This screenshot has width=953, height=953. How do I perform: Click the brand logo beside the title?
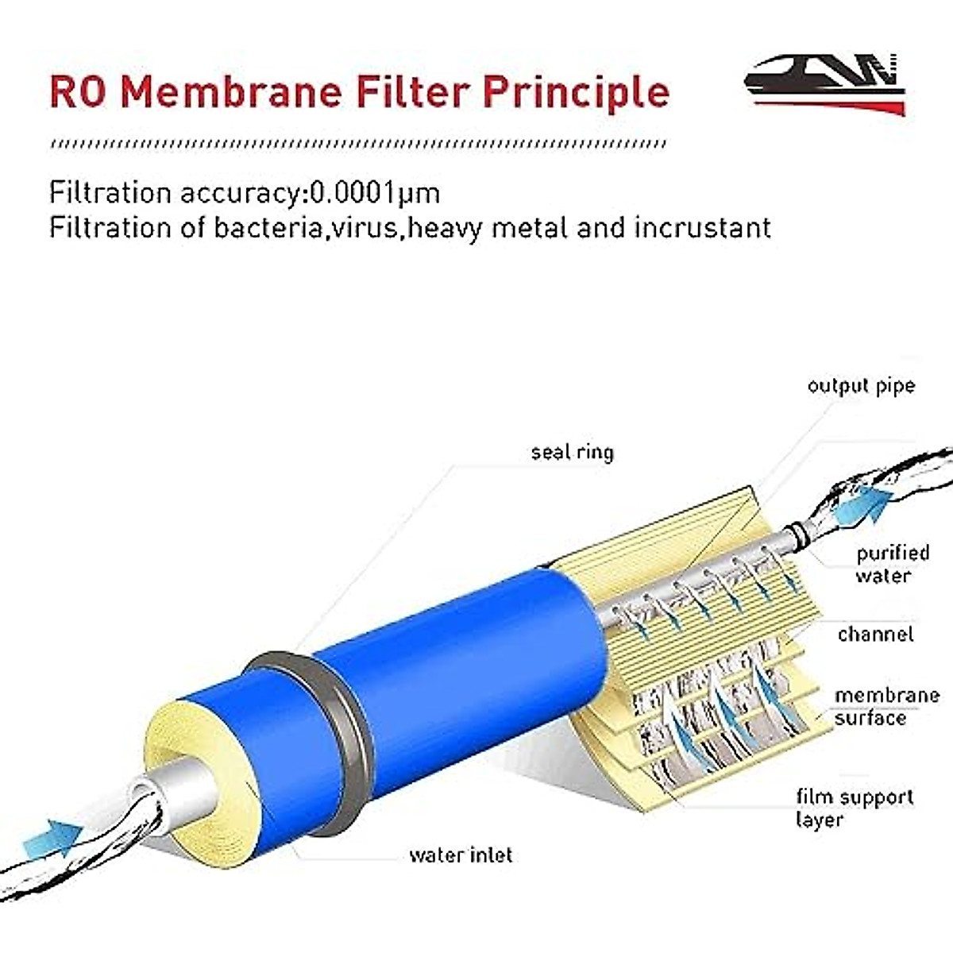826,83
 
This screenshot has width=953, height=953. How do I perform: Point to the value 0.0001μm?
374,193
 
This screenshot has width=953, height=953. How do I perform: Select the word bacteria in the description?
269,228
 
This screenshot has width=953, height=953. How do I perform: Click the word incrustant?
702,228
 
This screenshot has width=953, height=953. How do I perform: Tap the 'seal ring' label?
572,452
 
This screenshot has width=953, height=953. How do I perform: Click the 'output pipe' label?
861,386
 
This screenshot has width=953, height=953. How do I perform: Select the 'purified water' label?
892,564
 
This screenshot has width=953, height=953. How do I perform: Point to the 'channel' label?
875,634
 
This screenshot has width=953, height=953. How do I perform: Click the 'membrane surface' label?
885,706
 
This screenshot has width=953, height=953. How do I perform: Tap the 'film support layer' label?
855,808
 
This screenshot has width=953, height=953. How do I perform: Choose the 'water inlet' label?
461,855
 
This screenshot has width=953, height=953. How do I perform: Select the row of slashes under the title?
357,145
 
